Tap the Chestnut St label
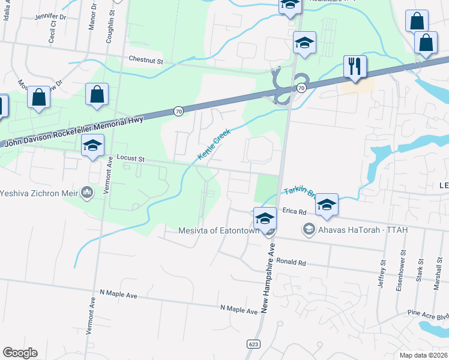[146, 60]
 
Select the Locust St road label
[131, 158]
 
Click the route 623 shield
[252, 343]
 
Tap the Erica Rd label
[294, 212]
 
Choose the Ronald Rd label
[291, 263]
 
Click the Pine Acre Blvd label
[428, 313]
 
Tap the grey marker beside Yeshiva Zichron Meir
[86, 193]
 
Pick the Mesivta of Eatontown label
[219, 230]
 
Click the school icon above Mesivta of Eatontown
[265, 218]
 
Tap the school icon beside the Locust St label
[93, 145]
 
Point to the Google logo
[20, 353]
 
